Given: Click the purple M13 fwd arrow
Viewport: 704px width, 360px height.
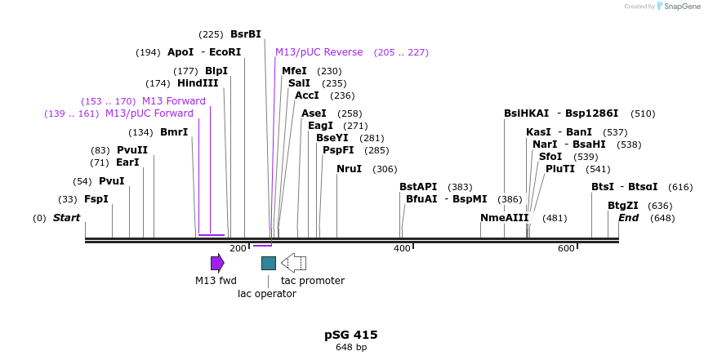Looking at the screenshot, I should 217,263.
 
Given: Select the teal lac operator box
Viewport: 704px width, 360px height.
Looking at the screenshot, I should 269,263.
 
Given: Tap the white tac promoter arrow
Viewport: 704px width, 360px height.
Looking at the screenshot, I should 293,263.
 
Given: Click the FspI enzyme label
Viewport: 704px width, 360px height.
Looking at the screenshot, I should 96,199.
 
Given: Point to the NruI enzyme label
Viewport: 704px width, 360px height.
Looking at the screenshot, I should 349,169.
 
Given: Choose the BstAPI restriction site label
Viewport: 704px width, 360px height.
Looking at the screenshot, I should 418,187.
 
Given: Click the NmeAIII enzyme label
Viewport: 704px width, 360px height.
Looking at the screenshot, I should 504,218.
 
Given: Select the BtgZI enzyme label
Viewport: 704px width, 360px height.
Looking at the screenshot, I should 622,206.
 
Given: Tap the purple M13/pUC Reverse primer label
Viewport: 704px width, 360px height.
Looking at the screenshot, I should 319,52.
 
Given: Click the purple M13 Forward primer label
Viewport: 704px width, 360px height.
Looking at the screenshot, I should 174,101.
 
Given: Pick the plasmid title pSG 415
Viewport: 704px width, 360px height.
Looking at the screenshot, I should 351,335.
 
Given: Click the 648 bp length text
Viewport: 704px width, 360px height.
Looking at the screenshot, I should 351,348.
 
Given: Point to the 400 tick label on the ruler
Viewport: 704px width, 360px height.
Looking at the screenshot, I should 402,248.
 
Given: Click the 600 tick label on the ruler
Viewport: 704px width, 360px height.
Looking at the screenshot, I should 566,248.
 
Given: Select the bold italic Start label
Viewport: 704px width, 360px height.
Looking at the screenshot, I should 67,218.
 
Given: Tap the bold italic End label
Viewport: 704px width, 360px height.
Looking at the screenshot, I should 628,218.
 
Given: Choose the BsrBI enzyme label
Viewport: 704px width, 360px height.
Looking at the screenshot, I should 246,34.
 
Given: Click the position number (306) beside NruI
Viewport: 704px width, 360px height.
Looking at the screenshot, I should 385,169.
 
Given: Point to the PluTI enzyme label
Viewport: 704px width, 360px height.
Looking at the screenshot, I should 560,169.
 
